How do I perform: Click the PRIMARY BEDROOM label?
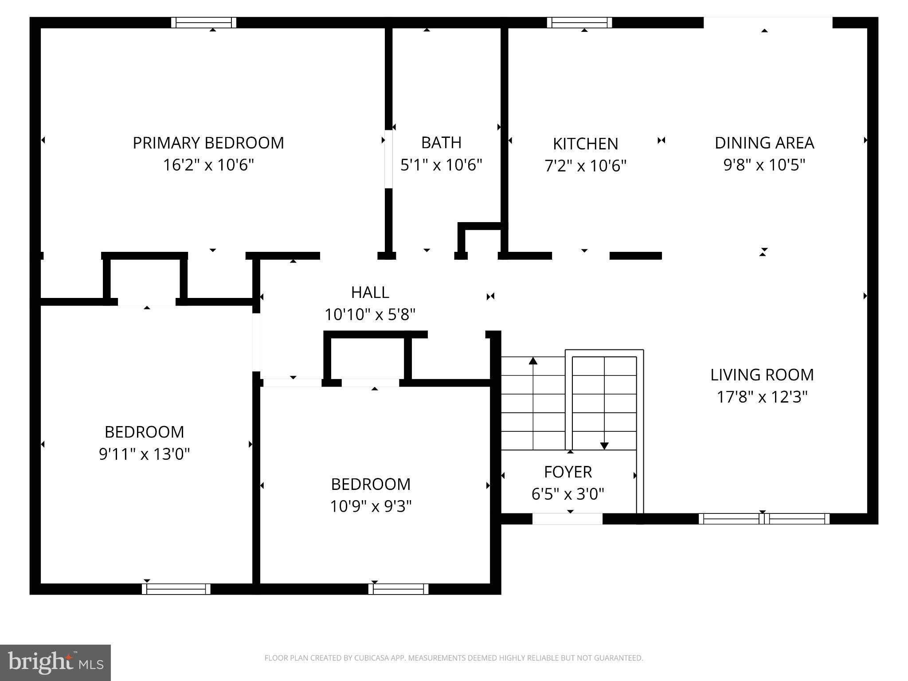click(208, 143)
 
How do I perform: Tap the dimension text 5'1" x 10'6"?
click(441, 165)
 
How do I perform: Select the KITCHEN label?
click(585, 144)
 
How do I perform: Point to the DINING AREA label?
click(764, 143)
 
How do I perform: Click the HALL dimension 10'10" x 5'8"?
click(370, 315)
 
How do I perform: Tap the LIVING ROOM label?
click(762, 375)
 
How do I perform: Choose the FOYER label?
click(568, 472)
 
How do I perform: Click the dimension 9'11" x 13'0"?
click(144, 454)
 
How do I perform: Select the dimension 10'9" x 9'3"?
click(371, 506)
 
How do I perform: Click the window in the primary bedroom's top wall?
click(204, 23)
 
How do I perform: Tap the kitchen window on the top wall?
click(579, 23)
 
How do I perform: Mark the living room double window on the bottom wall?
click(763, 518)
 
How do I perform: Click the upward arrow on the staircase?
click(533, 361)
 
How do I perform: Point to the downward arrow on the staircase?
click(604, 445)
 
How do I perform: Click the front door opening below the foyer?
click(567, 519)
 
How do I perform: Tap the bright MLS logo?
click(55, 663)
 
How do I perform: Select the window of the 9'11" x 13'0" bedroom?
click(176, 589)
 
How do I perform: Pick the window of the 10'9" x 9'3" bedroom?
click(398, 589)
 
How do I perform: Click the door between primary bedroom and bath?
click(388, 158)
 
